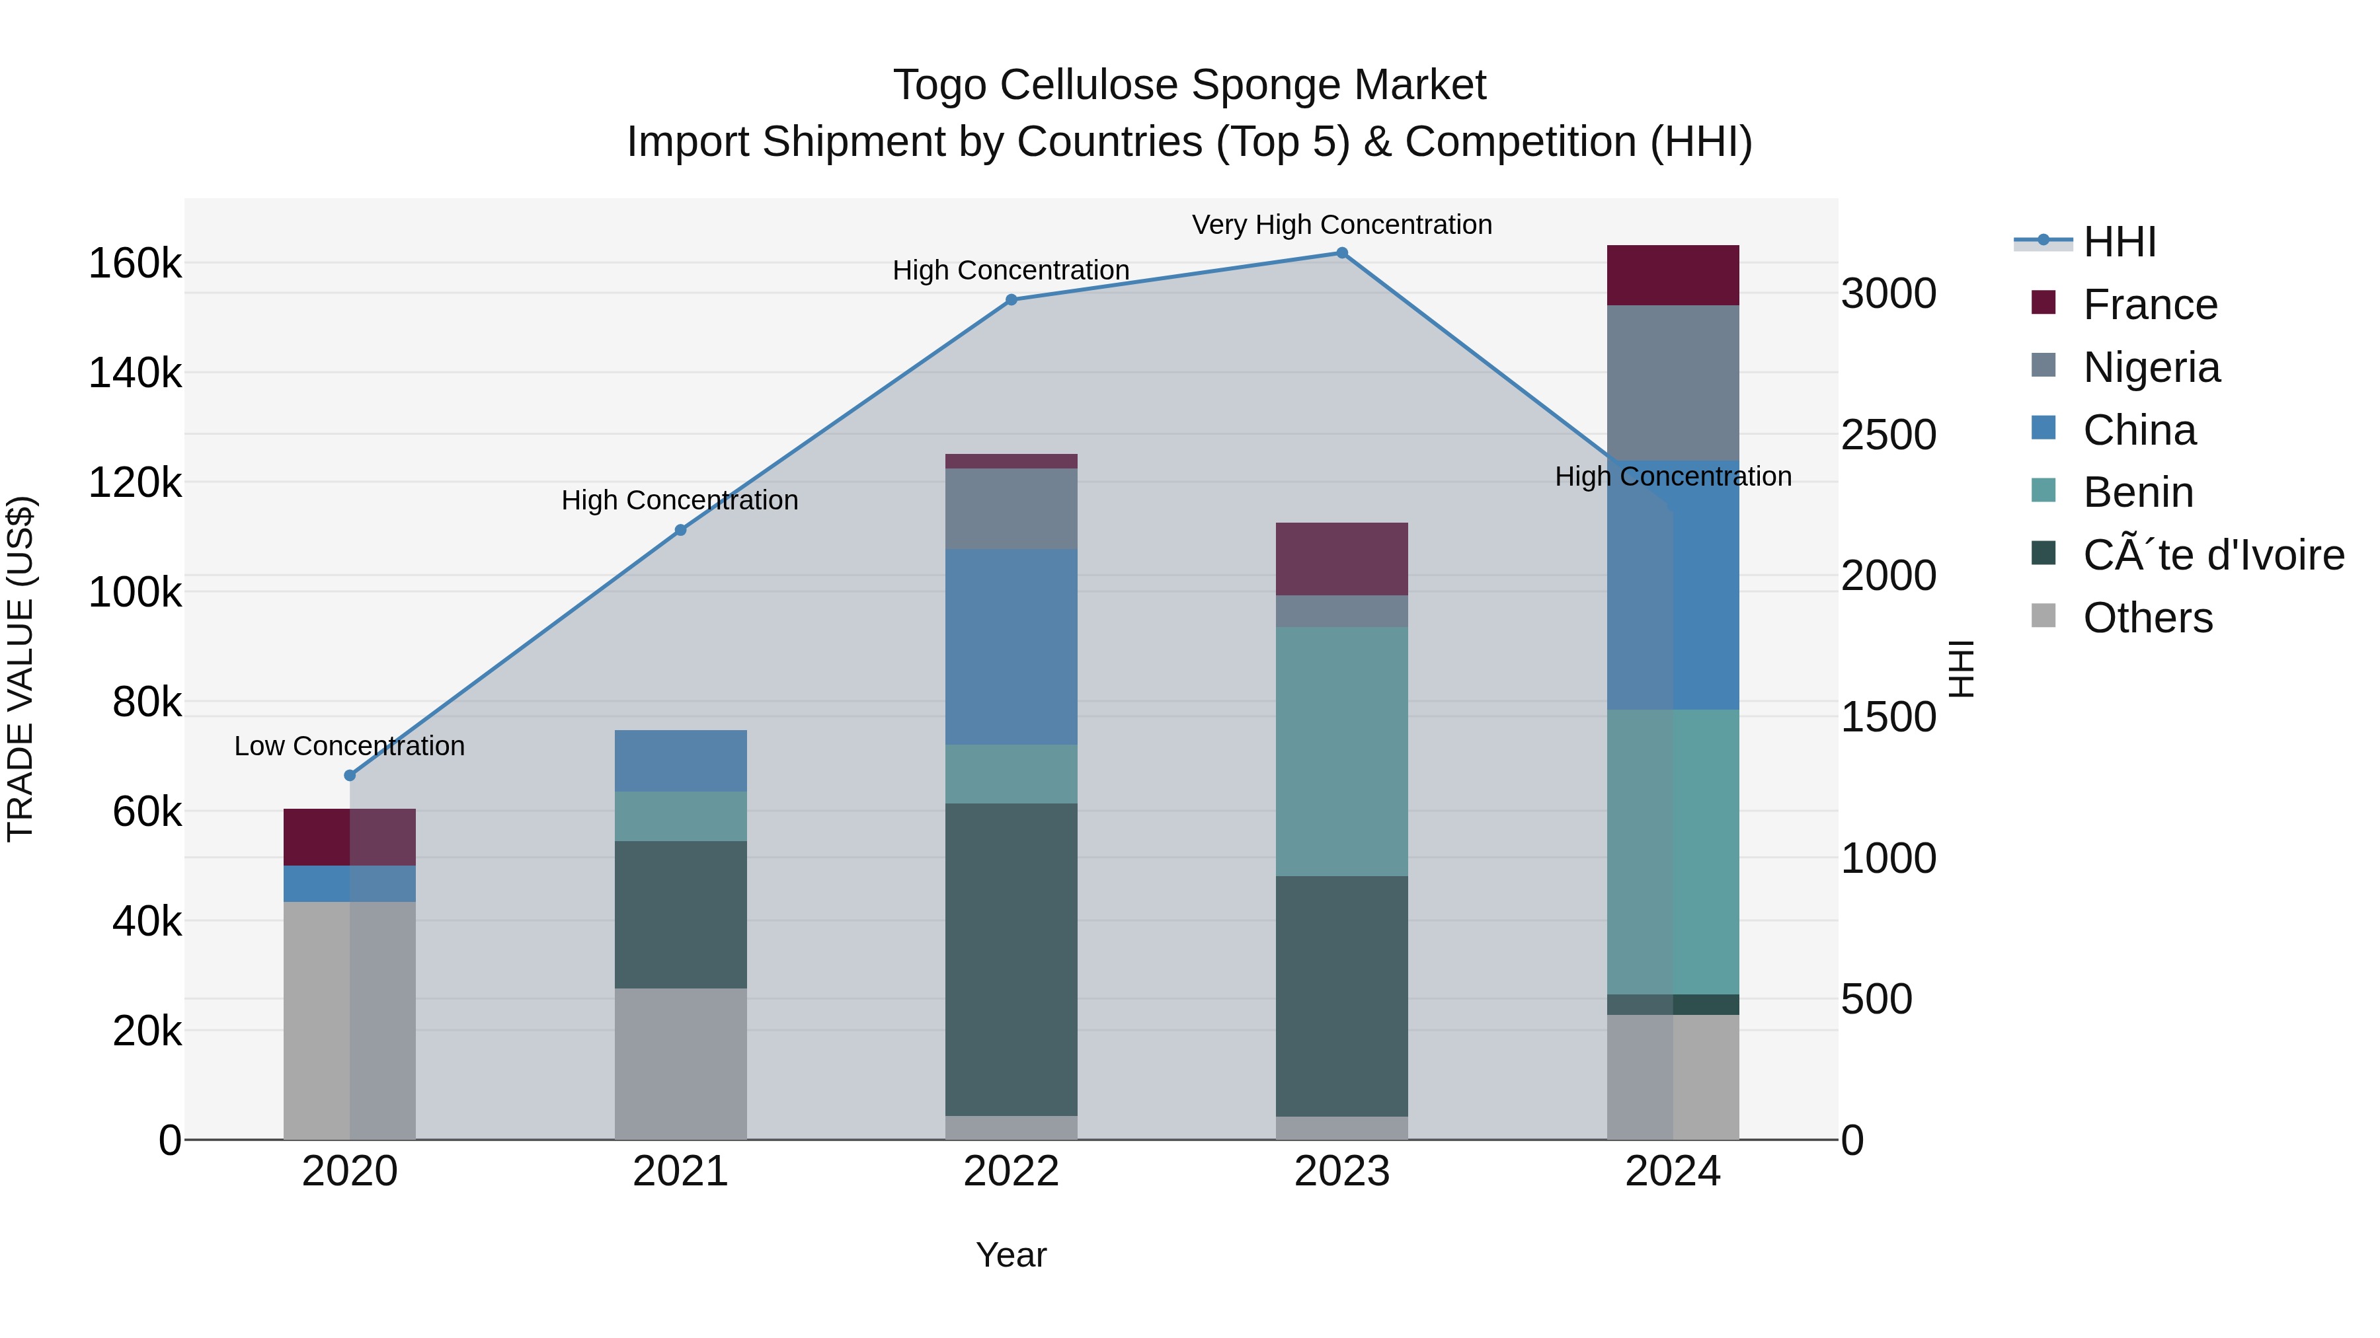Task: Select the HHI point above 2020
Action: [x=349, y=776]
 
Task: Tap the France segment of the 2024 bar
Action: [x=1673, y=275]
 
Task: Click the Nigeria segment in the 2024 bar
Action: [x=1673, y=383]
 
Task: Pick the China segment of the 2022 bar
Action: [x=1011, y=646]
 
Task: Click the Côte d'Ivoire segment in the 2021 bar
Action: [x=680, y=914]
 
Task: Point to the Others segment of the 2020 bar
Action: [x=349, y=1020]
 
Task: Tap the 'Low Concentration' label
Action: [x=349, y=746]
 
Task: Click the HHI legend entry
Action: [x=2120, y=242]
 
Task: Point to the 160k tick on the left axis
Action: [x=135, y=264]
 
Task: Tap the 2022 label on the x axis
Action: [x=1011, y=1171]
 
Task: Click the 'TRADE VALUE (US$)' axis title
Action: [x=20, y=669]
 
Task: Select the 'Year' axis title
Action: [x=1011, y=1255]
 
